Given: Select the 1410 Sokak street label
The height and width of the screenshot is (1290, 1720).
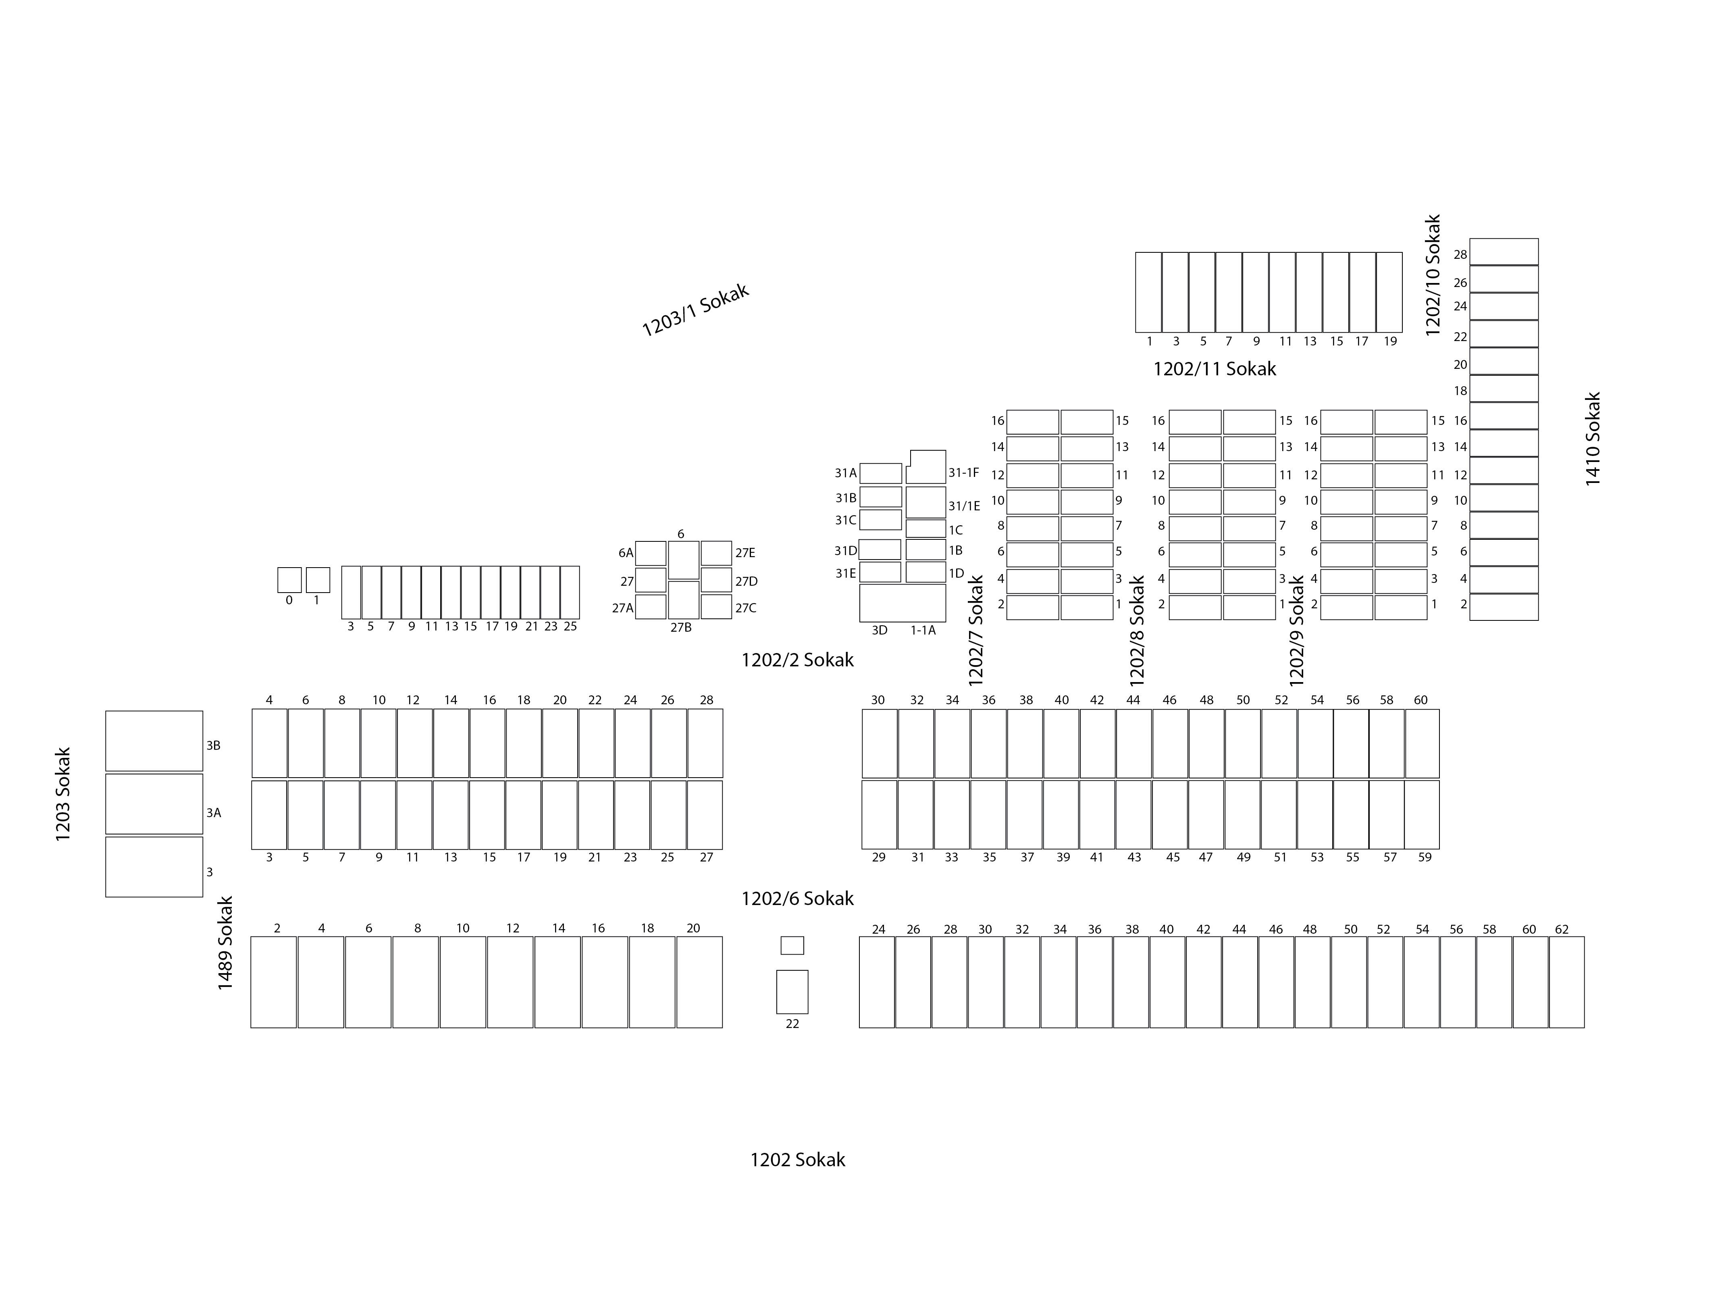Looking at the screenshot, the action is pos(1593,439).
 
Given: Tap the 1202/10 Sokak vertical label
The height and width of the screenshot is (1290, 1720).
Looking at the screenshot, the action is pos(1433,275).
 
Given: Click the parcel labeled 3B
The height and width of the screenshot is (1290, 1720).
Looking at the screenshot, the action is pos(154,741).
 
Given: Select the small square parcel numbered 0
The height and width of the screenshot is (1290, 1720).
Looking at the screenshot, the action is pos(289,580).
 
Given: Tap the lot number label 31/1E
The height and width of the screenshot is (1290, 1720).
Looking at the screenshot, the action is pos(964,506).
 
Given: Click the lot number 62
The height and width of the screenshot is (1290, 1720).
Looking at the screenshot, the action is pos(1561,929).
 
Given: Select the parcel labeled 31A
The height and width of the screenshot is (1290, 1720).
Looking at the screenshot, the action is pos(880,474).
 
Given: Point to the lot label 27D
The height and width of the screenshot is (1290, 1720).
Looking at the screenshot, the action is pos(747,582).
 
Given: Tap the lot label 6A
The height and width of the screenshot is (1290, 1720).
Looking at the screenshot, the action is pos(626,553).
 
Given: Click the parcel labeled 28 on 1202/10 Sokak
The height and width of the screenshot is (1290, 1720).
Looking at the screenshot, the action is pos(1504,252).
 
